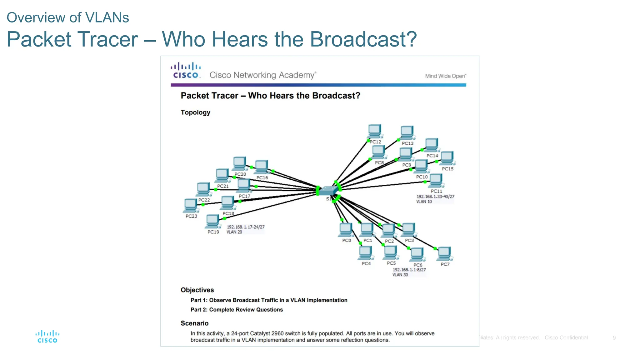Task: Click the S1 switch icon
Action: click(328, 190)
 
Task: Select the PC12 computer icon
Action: click(374, 131)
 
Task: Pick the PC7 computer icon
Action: click(444, 253)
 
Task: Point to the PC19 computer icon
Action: click(212, 221)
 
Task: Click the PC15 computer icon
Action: click(447, 158)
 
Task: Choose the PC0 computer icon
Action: click(346, 230)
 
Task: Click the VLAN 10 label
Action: click(424, 202)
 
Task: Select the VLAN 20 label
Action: click(234, 232)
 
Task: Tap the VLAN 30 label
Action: click(400, 275)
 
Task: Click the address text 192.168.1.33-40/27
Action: click(435, 197)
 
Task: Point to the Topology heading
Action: click(195, 112)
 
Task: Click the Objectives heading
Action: click(197, 290)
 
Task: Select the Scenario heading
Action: click(194, 323)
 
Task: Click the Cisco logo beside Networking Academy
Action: click(186, 71)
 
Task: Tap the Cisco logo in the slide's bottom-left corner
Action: click(47, 337)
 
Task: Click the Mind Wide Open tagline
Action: click(445, 76)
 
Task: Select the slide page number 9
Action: click(614, 338)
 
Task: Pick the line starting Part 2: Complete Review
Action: click(237, 310)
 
